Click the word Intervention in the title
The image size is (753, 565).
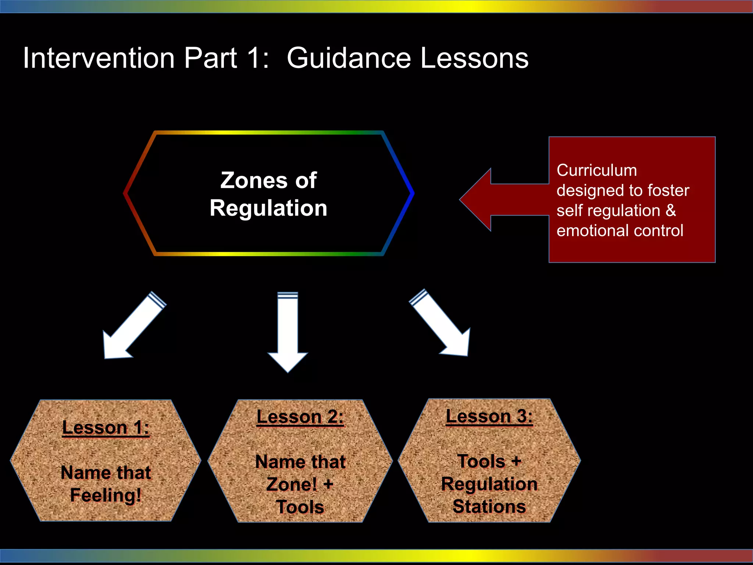point(99,58)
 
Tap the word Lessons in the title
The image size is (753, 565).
point(474,58)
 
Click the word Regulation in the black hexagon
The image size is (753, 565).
point(268,208)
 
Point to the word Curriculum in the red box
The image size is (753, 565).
point(596,171)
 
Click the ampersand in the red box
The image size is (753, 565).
point(671,211)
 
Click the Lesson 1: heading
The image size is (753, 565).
point(106,428)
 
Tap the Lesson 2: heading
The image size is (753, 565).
point(300,417)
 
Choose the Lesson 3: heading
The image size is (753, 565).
point(489,416)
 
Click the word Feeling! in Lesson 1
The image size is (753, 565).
point(106,495)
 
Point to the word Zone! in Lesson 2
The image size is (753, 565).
point(292,484)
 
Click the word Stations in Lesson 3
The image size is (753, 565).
point(489,507)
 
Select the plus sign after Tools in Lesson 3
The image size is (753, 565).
point(516,461)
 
